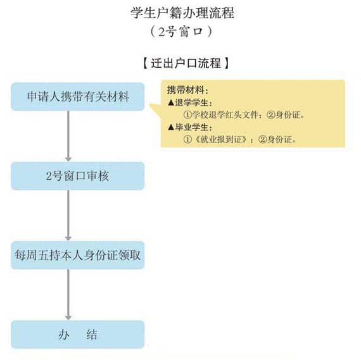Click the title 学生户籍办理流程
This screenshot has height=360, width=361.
[182, 13]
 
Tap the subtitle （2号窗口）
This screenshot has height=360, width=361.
[181, 32]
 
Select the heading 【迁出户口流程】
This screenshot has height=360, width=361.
[186, 63]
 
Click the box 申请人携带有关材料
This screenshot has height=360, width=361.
[78, 97]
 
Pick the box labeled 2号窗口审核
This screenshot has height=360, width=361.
[78, 176]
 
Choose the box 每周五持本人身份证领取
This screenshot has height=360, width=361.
[78, 255]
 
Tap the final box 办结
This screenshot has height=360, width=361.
[78, 335]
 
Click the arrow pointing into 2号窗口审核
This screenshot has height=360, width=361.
[68, 136]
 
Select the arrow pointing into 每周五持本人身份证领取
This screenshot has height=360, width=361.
[68, 216]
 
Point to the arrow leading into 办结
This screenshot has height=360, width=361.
[68, 295]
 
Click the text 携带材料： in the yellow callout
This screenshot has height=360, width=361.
[187, 90]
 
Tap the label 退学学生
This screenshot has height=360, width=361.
[191, 102]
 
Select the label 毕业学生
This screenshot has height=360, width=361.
[191, 127]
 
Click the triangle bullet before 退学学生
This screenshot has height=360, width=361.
[171, 103]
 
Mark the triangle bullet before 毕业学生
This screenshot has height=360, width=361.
[171, 127]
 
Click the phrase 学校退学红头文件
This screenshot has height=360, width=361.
[225, 115]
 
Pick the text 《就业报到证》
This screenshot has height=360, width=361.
[221, 139]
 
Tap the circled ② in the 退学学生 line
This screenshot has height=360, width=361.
[271, 115]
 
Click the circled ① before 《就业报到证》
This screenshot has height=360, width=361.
[187, 139]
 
